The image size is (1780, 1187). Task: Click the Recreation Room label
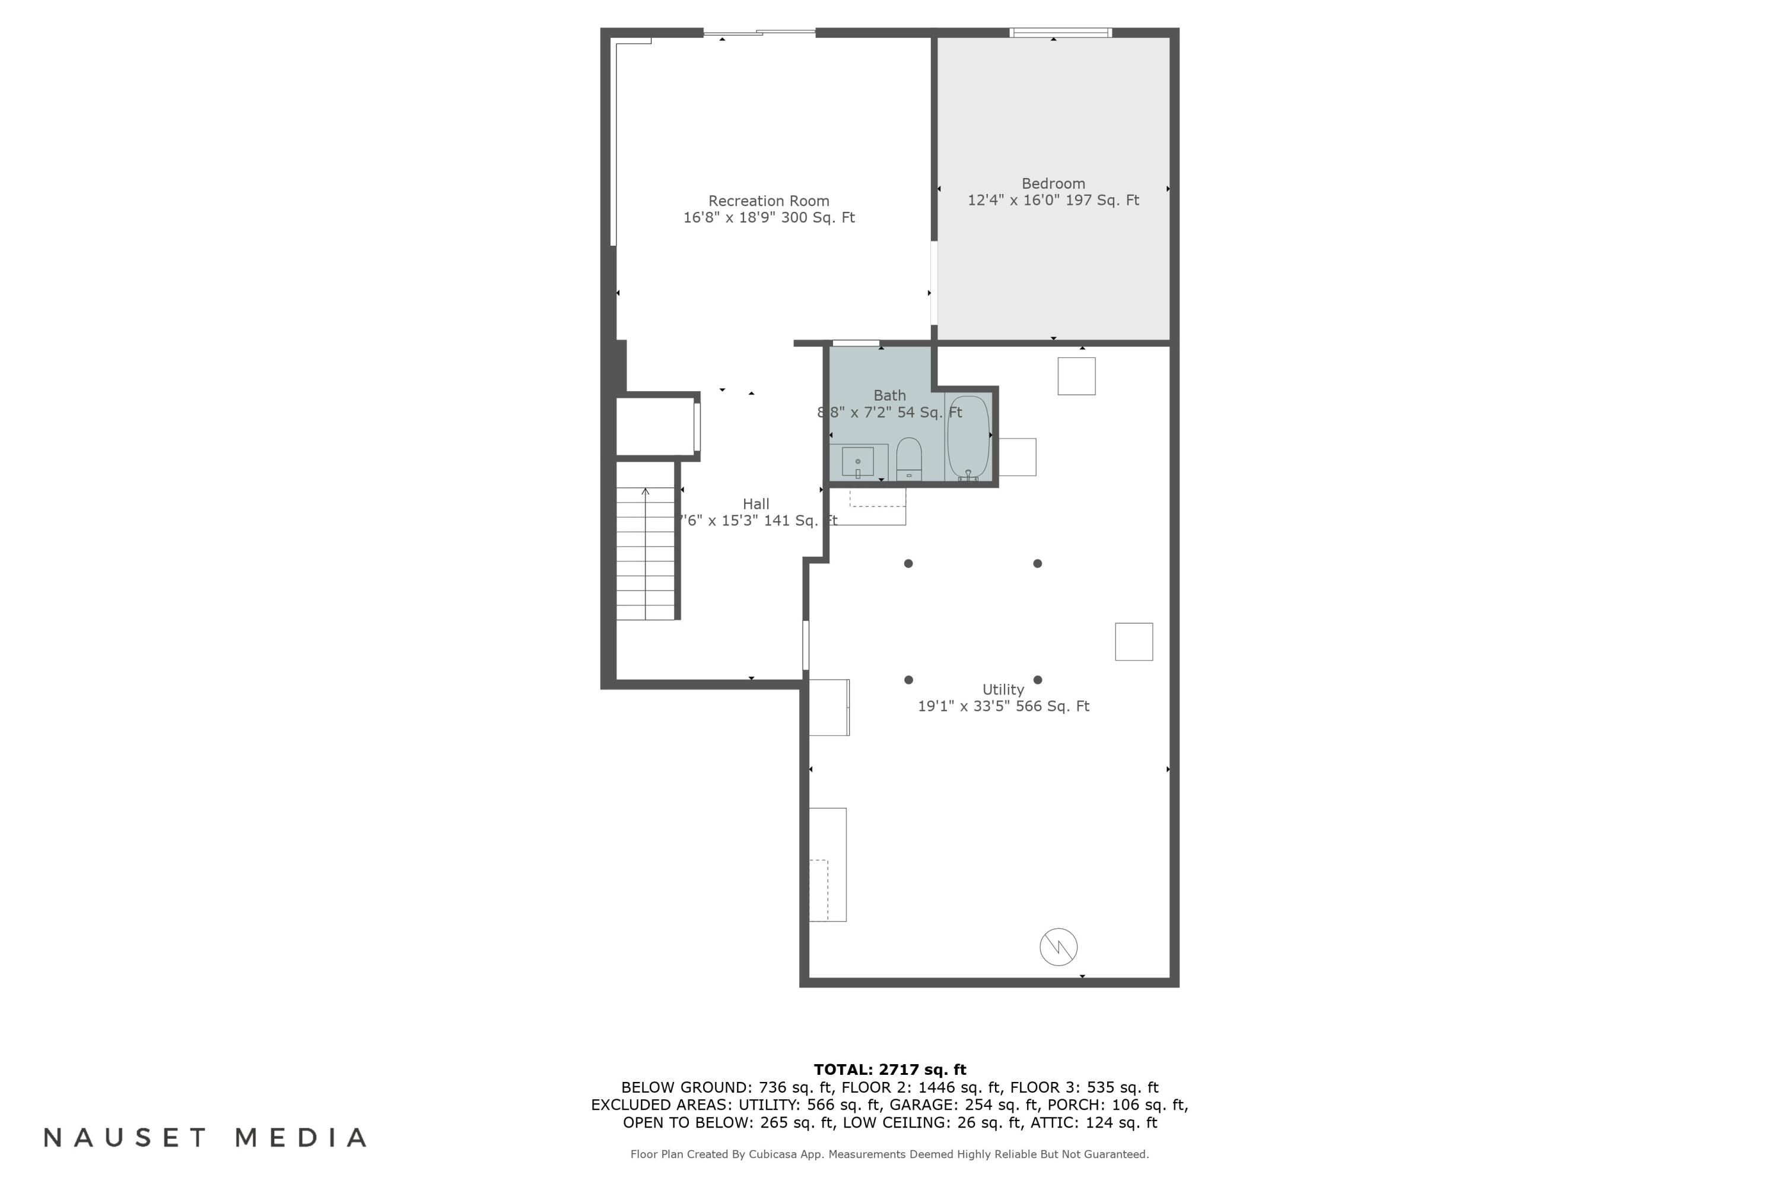tap(768, 201)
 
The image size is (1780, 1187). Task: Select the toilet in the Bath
tap(908, 459)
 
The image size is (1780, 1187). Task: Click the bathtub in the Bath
tap(968, 437)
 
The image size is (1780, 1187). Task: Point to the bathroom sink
tap(857, 461)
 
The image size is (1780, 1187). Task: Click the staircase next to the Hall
tap(645, 553)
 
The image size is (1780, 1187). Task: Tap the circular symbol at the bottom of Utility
tap(1058, 947)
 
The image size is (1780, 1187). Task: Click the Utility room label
tap(1003, 690)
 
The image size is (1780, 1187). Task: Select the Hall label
tap(755, 504)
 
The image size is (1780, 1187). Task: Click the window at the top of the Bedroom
tap(1060, 33)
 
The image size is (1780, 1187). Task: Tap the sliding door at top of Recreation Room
tap(759, 33)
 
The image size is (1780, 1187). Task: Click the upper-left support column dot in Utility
tap(908, 563)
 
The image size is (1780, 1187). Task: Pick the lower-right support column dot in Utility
tap(1038, 680)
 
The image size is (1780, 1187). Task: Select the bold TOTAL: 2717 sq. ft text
tap(889, 1069)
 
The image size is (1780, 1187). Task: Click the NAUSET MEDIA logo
tap(205, 1137)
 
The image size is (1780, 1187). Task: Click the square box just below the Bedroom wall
tap(1076, 376)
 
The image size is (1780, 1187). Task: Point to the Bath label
tap(889, 395)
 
